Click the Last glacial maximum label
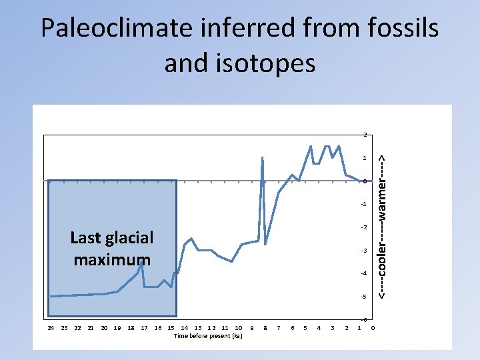pyautogui.click(x=112, y=248)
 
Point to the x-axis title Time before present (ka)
pyautogui.click(x=208, y=336)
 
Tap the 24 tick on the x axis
pyautogui.click(x=51, y=328)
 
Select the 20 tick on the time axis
pyautogui.click(x=104, y=328)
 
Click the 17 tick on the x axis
pyautogui.click(x=144, y=328)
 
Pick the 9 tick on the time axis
pyautogui.click(x=251, y=328)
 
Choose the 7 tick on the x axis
pyautogui.click(x=278, y=328)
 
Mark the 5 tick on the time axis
pyautogui.click(x=305, y=328)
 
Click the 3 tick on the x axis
pyautogui.click(x=332, y=328)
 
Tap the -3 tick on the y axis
pyautogui.click(x=364, y=251)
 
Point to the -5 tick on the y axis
pyautogui.click(x=364, y=297)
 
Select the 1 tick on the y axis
pyautogui.click(x=365, y=159)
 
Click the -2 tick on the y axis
pyautogui.click(x=364, y=228)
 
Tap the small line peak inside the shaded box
pyautogui.click(x=142, y=264)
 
